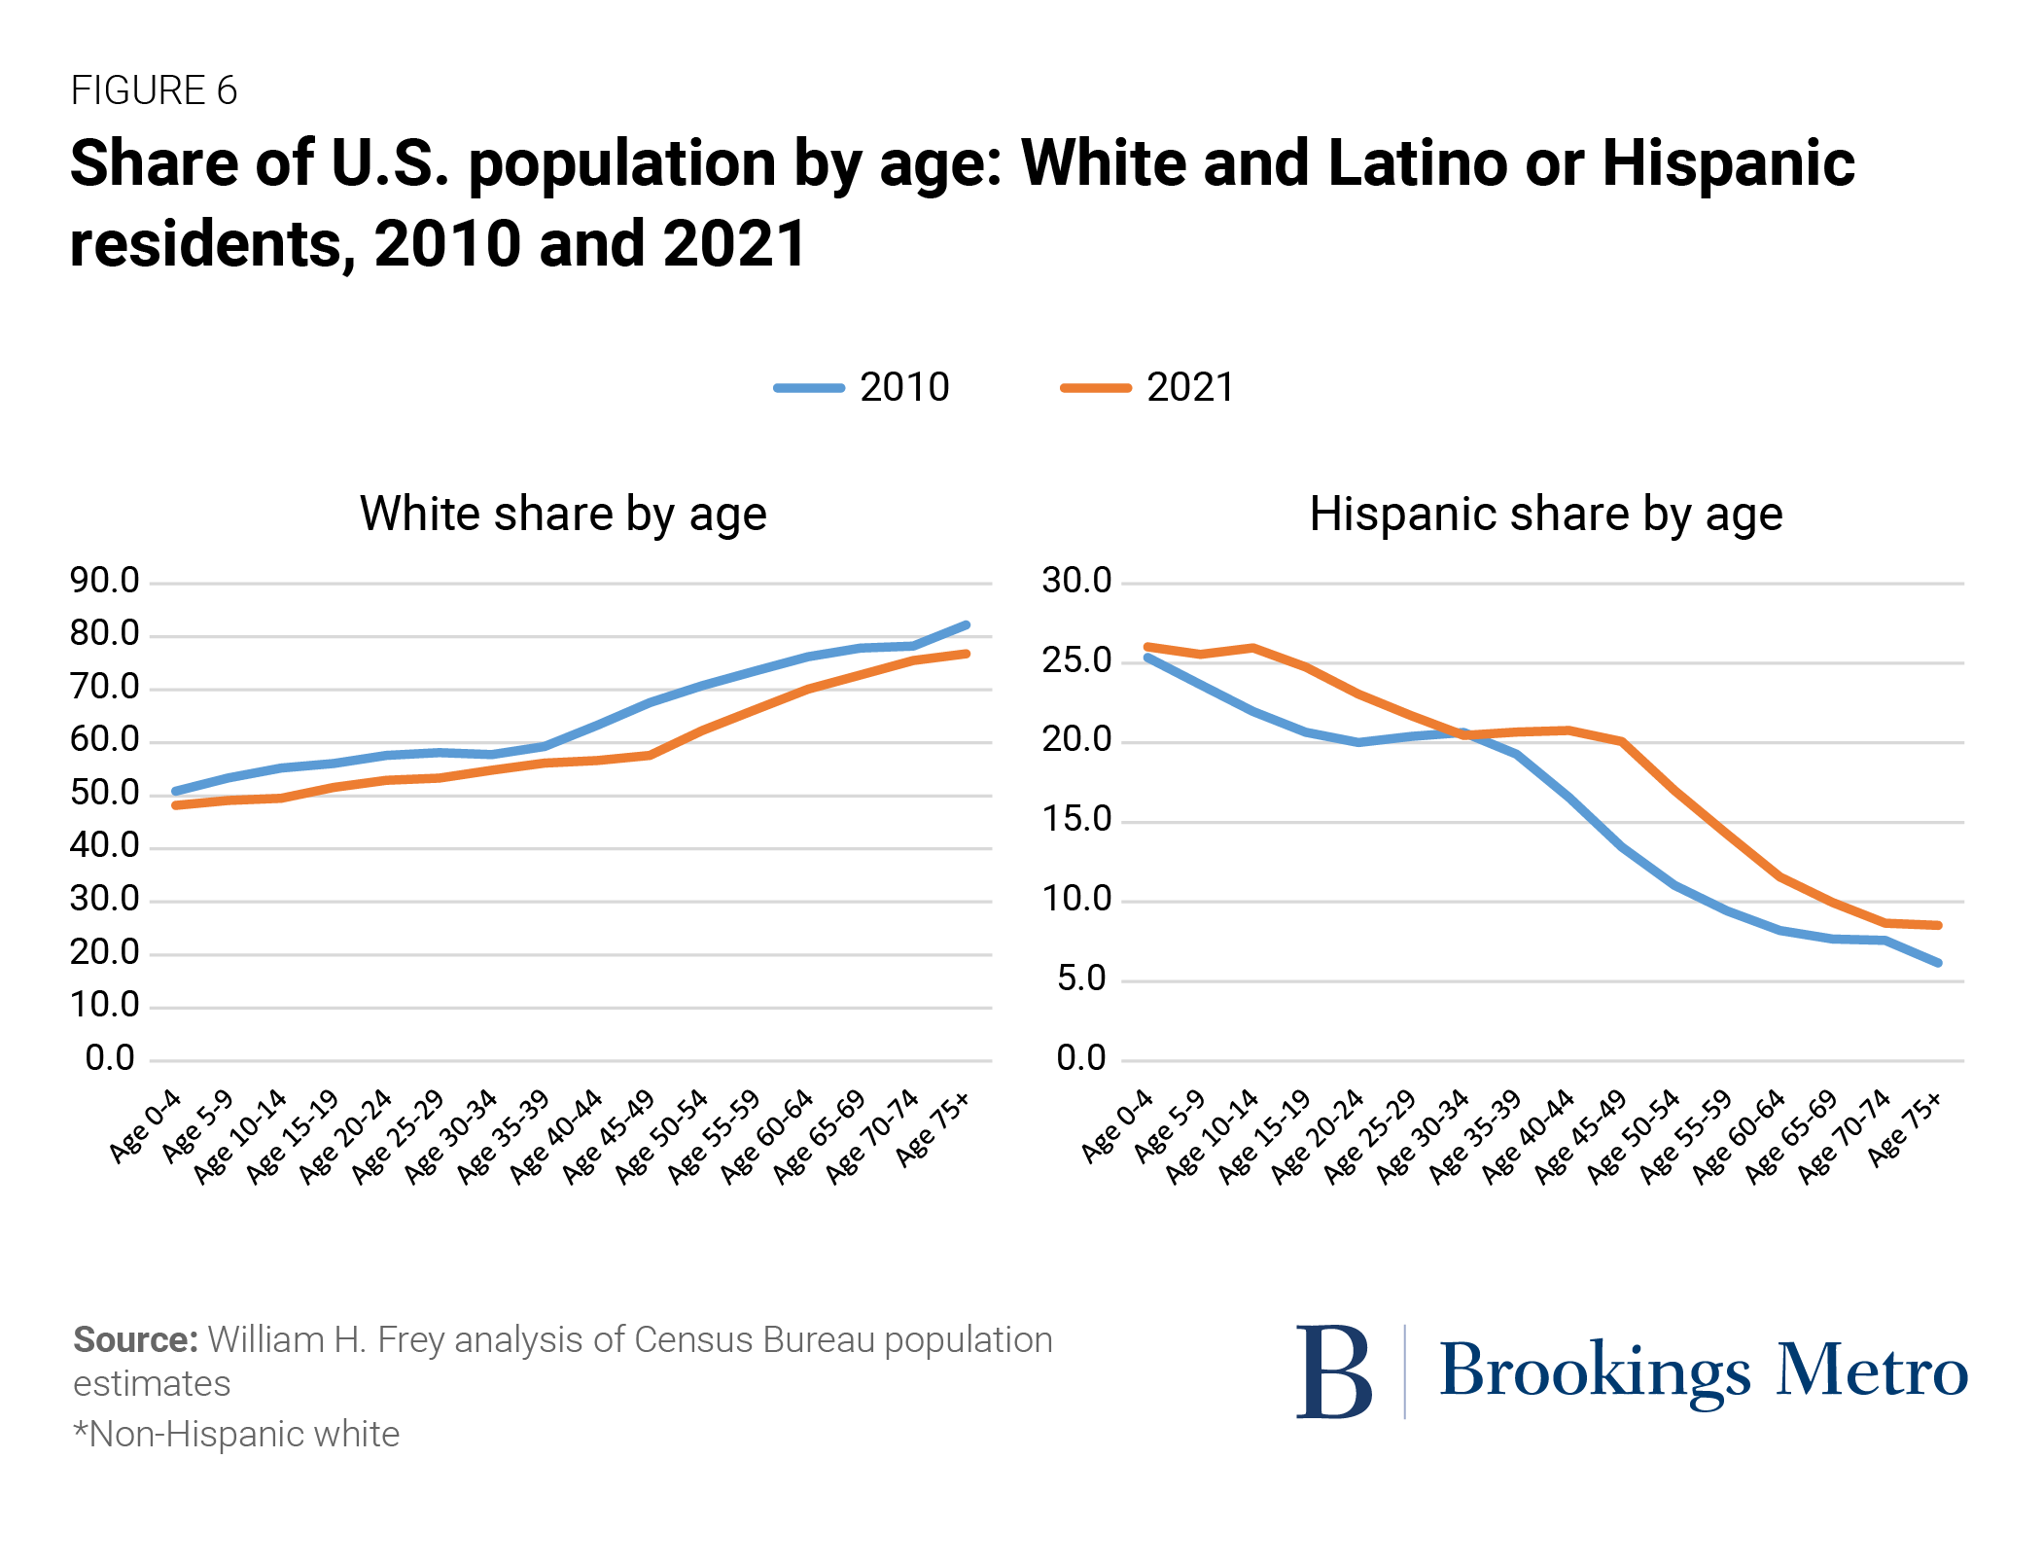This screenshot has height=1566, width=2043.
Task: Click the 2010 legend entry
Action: tap(862, 387)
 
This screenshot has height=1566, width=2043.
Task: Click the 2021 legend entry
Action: tap(1147, 387)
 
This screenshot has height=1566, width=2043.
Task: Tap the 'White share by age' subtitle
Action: tap(563, 514)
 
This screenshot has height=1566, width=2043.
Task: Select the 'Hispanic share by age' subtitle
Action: tap(1546, 514)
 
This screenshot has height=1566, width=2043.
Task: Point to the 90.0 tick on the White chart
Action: tap(104, 581)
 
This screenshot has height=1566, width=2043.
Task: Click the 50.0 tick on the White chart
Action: tap(104, 793)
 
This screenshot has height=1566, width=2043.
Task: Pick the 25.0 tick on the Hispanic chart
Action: tap(1076, 660)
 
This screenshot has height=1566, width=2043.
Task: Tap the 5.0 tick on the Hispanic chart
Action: tap(1081, 979)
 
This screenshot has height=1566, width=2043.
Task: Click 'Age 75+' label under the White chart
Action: tap(933, 1128)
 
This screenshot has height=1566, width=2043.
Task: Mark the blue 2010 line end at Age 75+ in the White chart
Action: tap(967, 624)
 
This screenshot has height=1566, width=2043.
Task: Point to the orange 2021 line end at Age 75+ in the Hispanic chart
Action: tap(1938, 925)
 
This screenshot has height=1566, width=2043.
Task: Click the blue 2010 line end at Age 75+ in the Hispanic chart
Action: tap(1938, 963)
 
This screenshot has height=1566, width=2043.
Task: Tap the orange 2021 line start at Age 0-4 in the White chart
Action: tap(176, 805)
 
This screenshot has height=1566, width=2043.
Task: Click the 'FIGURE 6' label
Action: tap(154, 90)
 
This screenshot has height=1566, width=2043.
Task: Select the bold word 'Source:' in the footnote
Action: tap(135, 1339)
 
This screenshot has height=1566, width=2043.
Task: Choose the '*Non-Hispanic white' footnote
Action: tap(236, 1434)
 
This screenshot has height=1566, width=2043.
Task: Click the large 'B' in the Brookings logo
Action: tap(1334, 1371)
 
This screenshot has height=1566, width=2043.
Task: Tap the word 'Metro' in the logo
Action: tap(1872, 1371)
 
